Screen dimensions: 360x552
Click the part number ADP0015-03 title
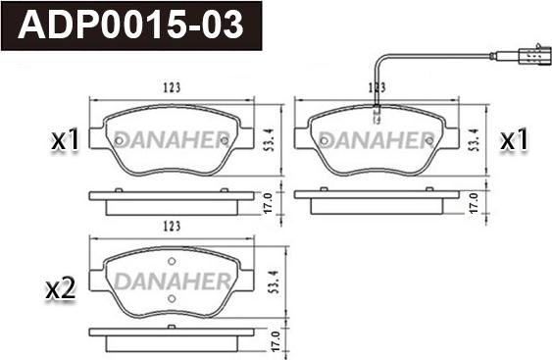[132, 26]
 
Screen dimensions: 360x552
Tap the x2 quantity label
[61, 288]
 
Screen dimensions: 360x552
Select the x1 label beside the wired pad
[514, 141]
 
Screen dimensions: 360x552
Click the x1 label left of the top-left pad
[65, 141]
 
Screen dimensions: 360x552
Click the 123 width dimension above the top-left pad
[173, 88]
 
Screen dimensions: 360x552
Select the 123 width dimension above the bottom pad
[173, 227]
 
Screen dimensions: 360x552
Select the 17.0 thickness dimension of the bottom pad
[275, 344]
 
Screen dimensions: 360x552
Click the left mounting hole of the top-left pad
[120, 140]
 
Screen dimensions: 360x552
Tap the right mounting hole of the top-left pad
[223, 140]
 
